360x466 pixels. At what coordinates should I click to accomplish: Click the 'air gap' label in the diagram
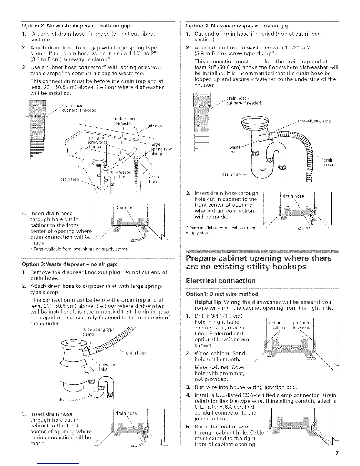155,126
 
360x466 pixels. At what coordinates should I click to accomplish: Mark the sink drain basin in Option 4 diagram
255,121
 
